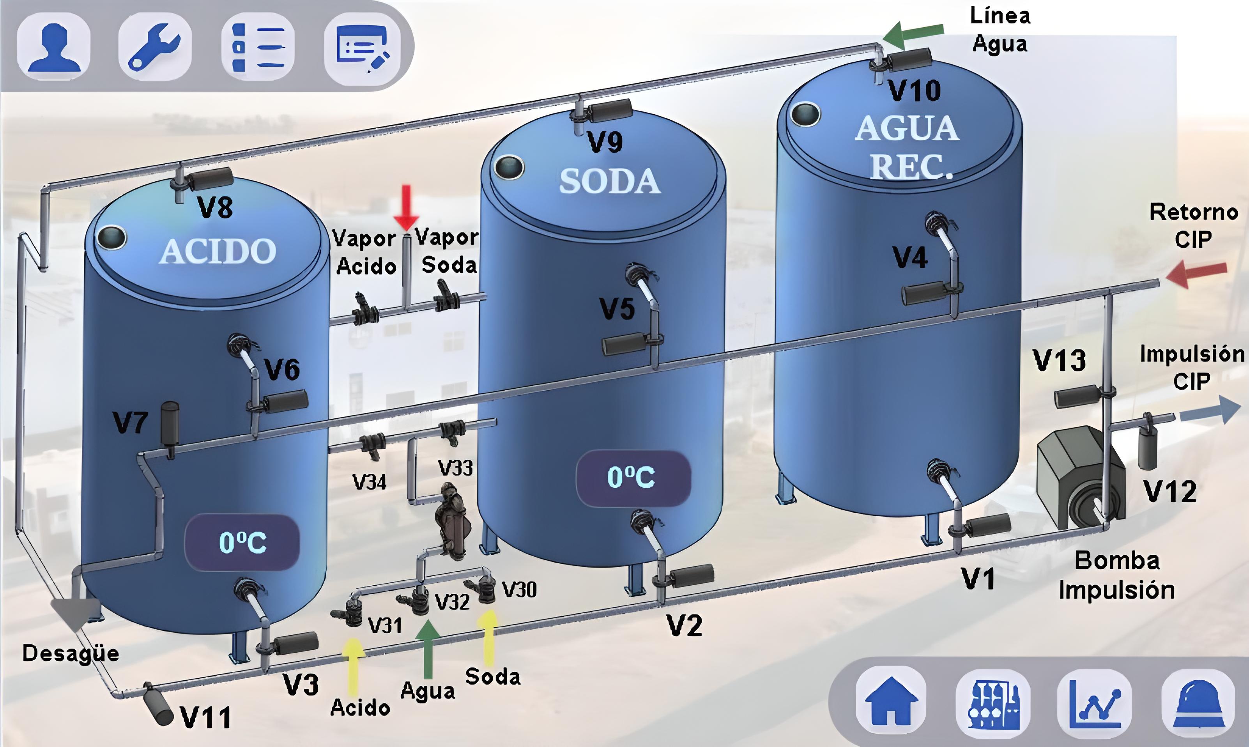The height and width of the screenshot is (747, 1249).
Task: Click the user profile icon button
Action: (x=54, y=46)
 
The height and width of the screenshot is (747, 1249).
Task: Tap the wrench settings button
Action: (x=155, y=46)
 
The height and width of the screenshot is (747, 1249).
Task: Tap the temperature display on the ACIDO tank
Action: (x=242, y=543)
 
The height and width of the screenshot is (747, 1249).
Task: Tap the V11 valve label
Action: (x=205, y=717)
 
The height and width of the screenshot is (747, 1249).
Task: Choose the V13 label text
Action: (x=1059, y=360)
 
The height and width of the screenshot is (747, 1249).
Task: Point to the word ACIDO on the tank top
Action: (x=218, y=251)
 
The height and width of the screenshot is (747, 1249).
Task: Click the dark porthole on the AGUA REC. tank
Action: (x=805, y=114)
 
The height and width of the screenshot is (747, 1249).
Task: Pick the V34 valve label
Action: (x=370, y=483)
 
